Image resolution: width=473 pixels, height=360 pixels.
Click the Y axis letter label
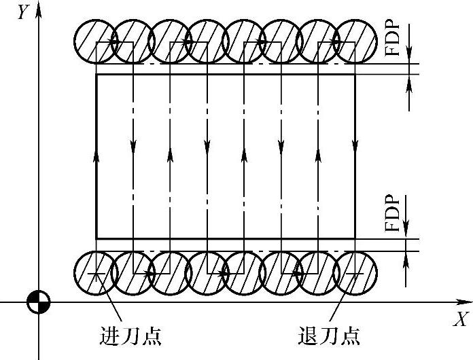pos(23,12)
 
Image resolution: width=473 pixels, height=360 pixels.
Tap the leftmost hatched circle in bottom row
pos(96,273)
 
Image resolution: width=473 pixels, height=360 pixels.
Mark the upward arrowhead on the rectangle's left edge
pos(97,155)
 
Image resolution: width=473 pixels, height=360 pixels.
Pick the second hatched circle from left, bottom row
pos(133,273)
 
